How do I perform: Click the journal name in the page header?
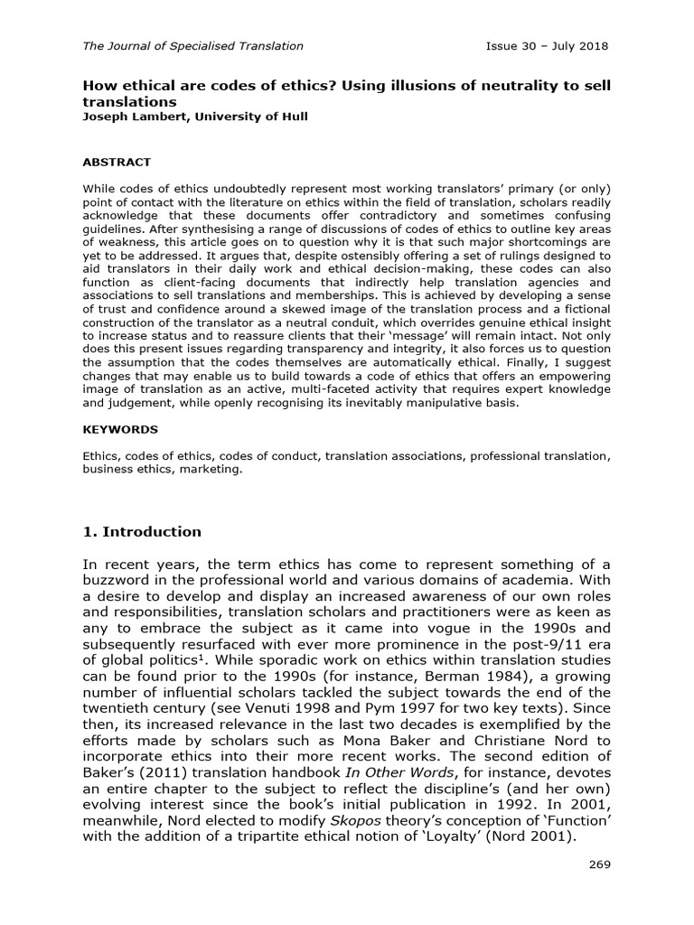coord(192,45)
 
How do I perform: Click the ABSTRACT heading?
coord(117,163)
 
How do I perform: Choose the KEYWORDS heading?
coord(120,430)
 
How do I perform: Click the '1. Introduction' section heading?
coord(142,531)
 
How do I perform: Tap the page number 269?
coord(599,864)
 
